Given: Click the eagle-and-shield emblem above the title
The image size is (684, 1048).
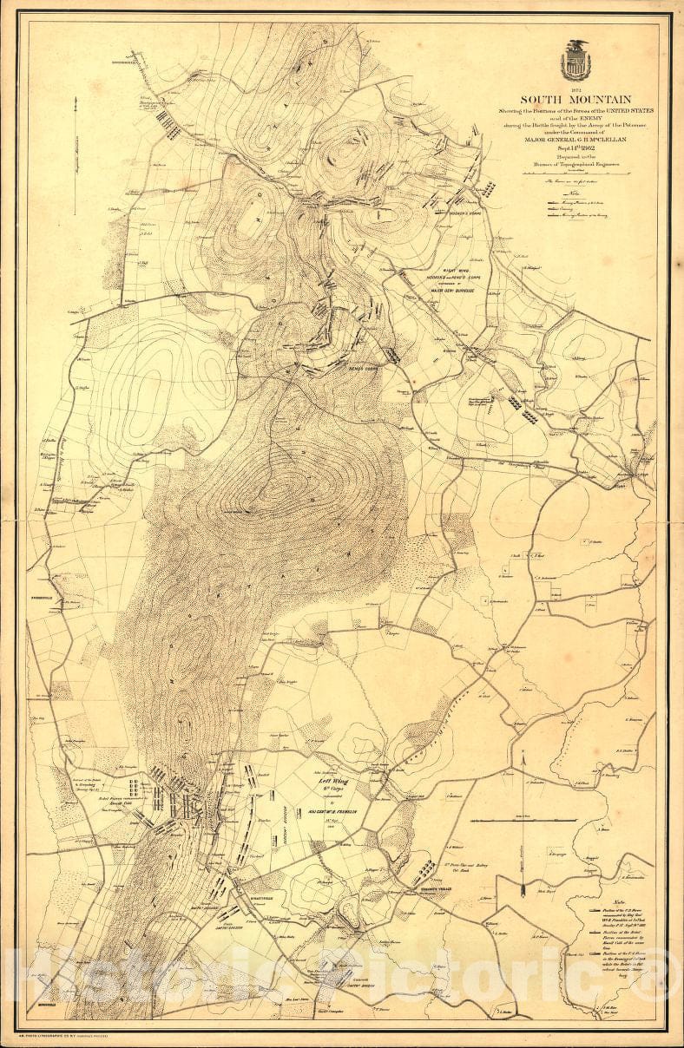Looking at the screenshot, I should tap(574, 61).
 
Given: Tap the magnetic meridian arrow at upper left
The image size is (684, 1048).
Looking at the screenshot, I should tap(77, 156).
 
